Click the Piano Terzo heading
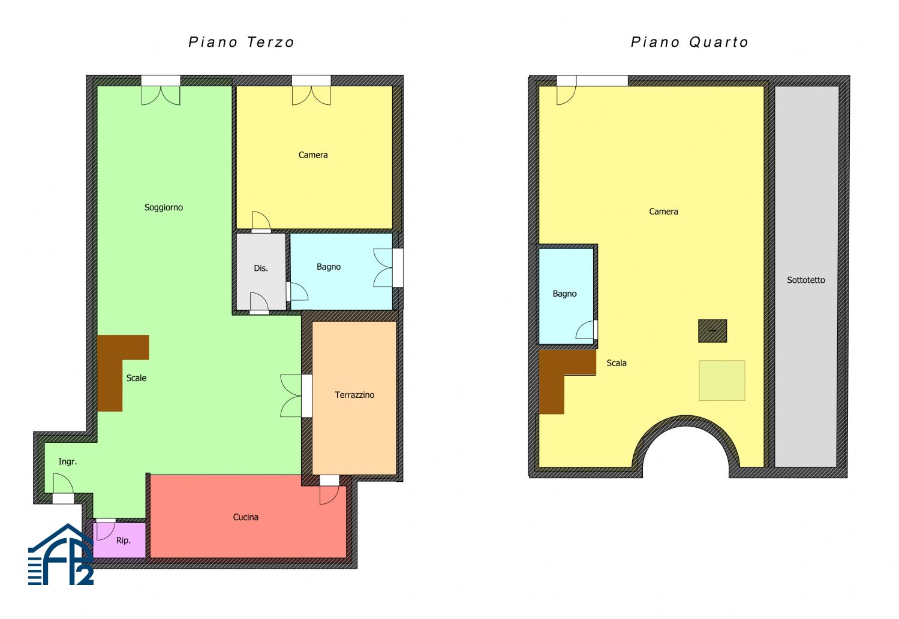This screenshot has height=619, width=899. tap(242, 42)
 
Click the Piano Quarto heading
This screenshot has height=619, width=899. tap(690, 42)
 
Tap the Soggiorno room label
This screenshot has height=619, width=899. tap(164, 208)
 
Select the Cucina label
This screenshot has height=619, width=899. tap(246, 517)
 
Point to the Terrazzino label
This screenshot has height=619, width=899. tap(354, 395)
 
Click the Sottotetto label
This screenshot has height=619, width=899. tap(806, 280)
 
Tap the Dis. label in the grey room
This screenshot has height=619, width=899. tap(261, 268)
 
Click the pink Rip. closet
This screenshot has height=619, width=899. tap(119, 540)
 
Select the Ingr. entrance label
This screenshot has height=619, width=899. tap(67, 462)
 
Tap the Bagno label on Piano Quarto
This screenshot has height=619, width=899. tap(565, 294)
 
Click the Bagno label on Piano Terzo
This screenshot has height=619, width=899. tap(329, 267)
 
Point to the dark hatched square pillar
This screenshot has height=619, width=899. tap(712, 331)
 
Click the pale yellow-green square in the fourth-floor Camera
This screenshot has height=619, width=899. tap(722, 381)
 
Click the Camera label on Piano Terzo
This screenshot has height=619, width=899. tap(313, 155)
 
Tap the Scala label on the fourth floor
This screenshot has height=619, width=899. tap(617, 363)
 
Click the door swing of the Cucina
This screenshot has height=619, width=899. tap(330, 495)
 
